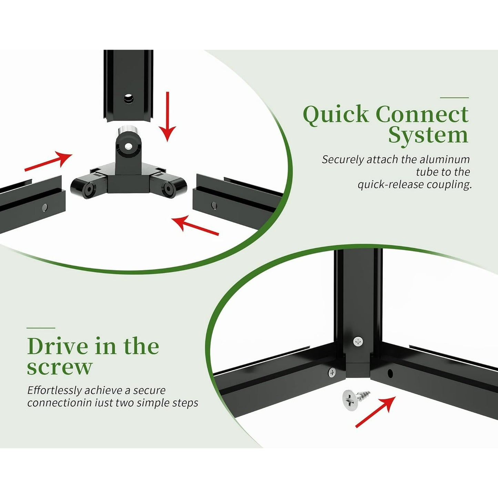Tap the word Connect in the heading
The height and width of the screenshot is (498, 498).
pos(422,114)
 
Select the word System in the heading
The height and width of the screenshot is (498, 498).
pos(428,136)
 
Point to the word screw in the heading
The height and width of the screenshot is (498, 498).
pos(60,367)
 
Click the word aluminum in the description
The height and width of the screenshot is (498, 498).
pos(445,160)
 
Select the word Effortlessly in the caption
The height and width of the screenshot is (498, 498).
pos(55,390)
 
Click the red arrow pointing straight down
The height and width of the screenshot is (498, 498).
pos(167,116)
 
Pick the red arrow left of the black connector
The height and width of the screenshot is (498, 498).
pos(48,161)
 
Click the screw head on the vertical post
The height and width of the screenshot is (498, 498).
pos(358,342)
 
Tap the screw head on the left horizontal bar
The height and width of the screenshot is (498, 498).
pos(332,372)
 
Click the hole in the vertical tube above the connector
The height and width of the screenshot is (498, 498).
pos(129,99)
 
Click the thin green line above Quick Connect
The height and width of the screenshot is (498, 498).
pos(454,98)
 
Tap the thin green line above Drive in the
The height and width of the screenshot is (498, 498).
pos(41,328)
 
